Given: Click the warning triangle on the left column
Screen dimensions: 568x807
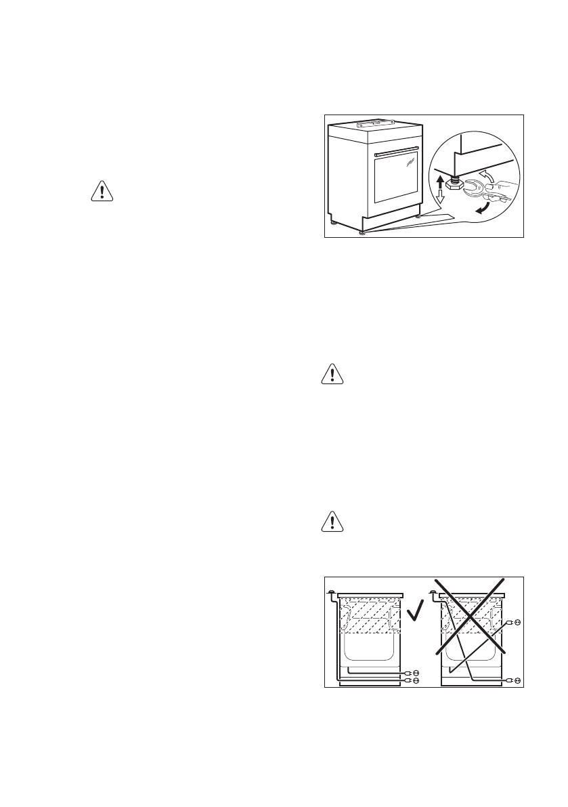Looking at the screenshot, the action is pos(102,192).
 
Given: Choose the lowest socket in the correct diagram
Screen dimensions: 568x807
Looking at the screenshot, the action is pos(416,679).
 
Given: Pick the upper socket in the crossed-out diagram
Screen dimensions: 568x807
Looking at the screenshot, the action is pos(517,621).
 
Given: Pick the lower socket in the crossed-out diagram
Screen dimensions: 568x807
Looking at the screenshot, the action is pos(517,678).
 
